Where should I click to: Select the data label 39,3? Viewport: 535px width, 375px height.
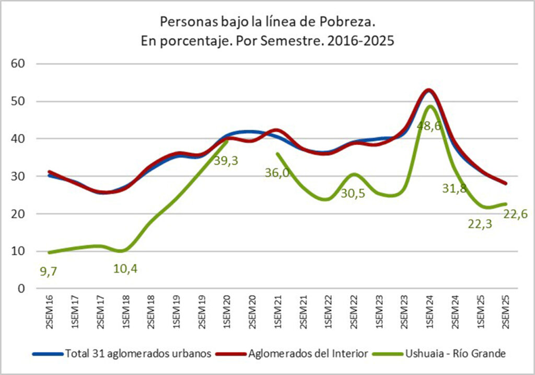(x=226, y=161)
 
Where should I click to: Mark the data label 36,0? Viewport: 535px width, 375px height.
(x=277, y=172)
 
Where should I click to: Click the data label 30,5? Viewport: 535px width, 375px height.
(x=353, y=193)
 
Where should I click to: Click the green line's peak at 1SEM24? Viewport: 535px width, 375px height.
(x=429, y=106)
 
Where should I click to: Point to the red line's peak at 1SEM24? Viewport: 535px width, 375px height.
(x=429, y=90)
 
